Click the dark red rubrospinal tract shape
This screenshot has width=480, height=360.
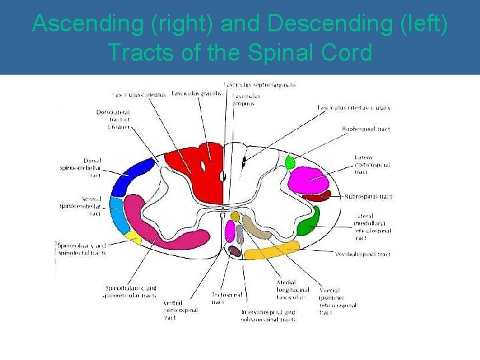316,197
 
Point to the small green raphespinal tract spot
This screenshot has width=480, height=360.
290,161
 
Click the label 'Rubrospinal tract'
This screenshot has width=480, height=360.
368,197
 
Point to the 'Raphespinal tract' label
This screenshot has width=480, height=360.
366,129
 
